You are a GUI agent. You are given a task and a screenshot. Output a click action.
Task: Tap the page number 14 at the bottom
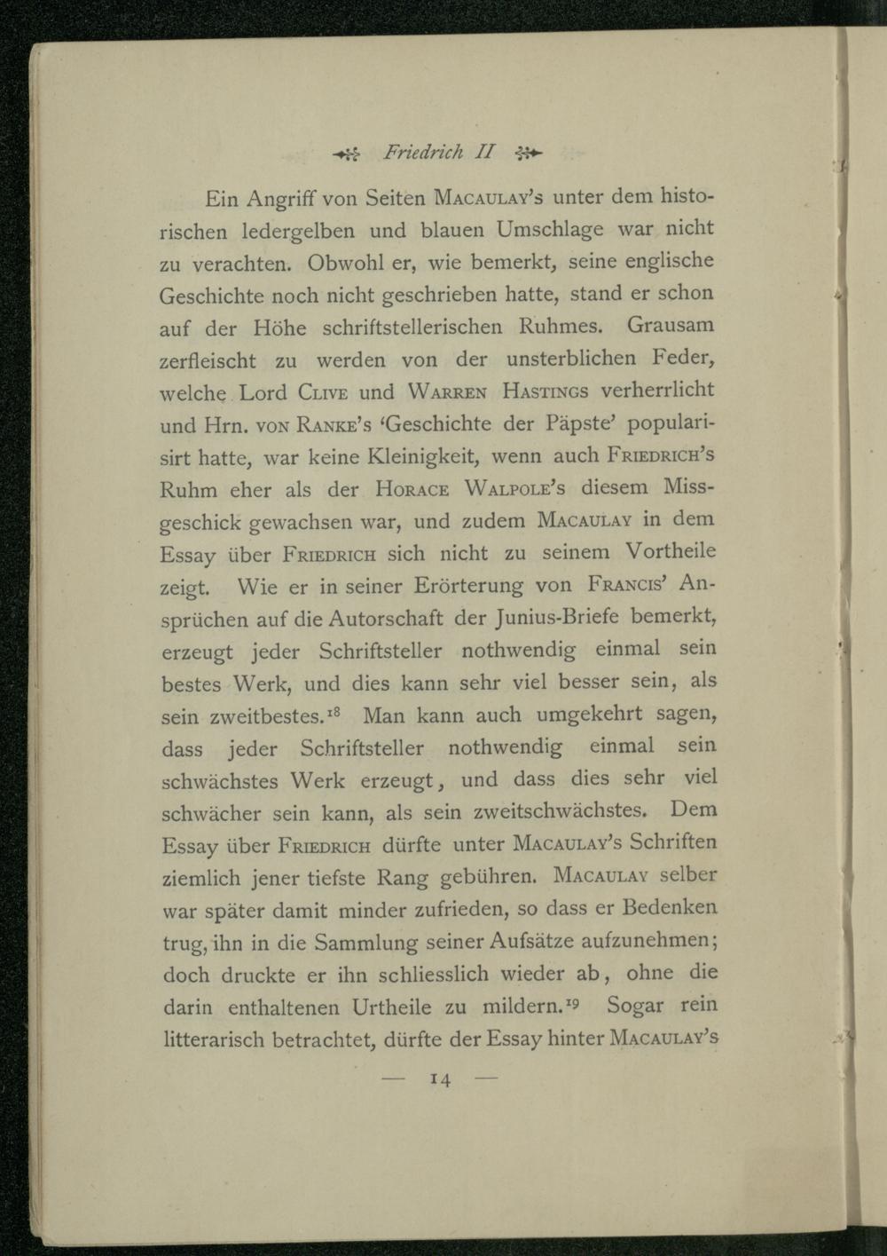[x=440, y=1079]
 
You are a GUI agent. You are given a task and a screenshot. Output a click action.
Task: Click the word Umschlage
[x=550, y=230]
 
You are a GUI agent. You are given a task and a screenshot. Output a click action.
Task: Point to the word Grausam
[x=671, y=325]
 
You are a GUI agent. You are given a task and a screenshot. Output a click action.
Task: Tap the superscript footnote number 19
[x=572, y=1002]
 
